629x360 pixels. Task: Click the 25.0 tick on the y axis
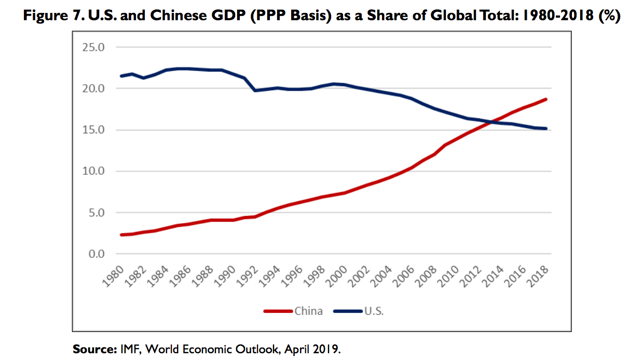94,47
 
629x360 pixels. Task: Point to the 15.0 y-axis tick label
94,130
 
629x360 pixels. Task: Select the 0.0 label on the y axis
96,254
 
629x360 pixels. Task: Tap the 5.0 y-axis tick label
96,212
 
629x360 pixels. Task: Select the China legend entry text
308,311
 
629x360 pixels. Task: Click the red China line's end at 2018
546,99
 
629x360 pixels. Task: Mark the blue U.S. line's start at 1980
121,76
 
